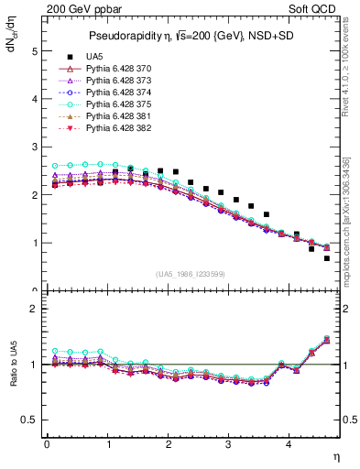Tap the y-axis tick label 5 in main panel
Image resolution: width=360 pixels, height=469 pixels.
(35, 52)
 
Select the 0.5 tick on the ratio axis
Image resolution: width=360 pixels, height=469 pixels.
(29, 420)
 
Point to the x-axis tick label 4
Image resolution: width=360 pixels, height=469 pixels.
(289, 445)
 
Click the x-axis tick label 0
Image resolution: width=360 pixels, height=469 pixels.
(47, 445)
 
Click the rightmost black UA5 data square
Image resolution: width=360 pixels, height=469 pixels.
(326, 258)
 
